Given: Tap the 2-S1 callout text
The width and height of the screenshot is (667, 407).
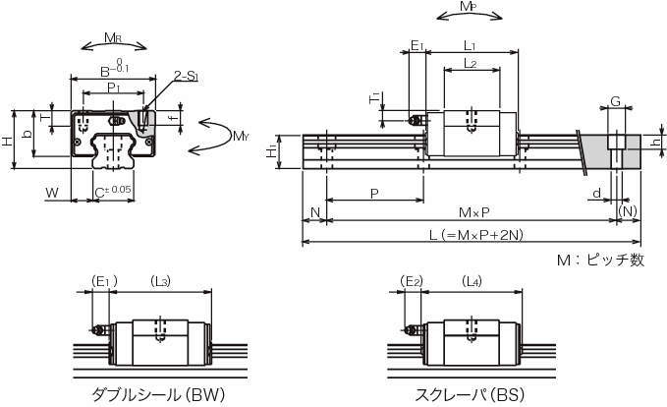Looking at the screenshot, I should coord(188,75).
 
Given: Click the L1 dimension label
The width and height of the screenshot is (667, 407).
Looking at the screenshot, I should coord(470,45).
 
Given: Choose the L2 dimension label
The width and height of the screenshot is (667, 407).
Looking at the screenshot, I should coord(470,64).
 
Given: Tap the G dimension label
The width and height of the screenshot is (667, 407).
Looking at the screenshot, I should coord(615,101).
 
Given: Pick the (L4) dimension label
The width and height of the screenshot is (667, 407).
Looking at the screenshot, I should coord(472,282).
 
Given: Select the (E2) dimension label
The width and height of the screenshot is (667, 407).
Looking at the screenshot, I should coord(414,282).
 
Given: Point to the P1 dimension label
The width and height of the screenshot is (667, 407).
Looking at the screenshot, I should coord(113,87).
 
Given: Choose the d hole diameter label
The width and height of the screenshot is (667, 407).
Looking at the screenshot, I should coord(598,193).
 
